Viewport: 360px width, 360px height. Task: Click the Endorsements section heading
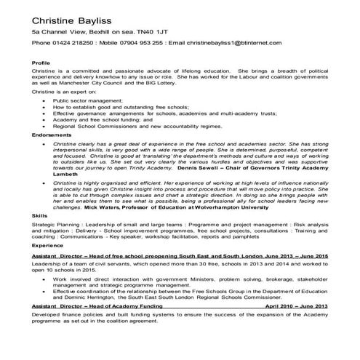[x=52, y=136]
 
